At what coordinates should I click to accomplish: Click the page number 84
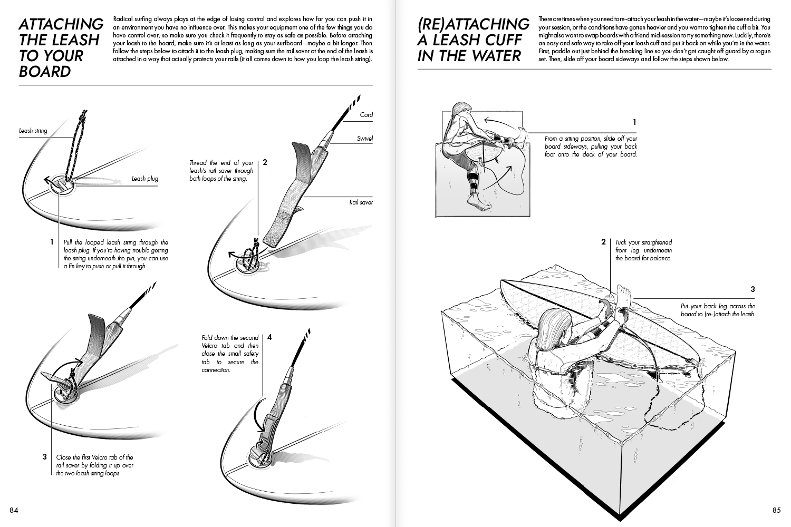point(14,510)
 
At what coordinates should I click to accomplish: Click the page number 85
point(776,510)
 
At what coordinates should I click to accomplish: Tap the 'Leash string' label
point(33,130)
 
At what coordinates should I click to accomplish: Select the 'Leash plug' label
point(144,179)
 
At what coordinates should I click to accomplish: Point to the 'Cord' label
point(366,114)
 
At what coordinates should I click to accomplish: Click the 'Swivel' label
point(364,139)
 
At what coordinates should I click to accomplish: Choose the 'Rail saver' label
point(361,202)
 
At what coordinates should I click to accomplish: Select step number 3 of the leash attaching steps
point(45,456)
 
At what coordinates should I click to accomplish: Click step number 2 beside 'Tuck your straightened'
point(603,242)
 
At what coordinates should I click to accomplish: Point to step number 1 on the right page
point(634,122)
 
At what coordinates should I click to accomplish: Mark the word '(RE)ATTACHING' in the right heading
point(473,24)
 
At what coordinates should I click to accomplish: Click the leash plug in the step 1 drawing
point(60,186)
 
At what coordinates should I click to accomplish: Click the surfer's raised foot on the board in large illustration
point(624,292)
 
